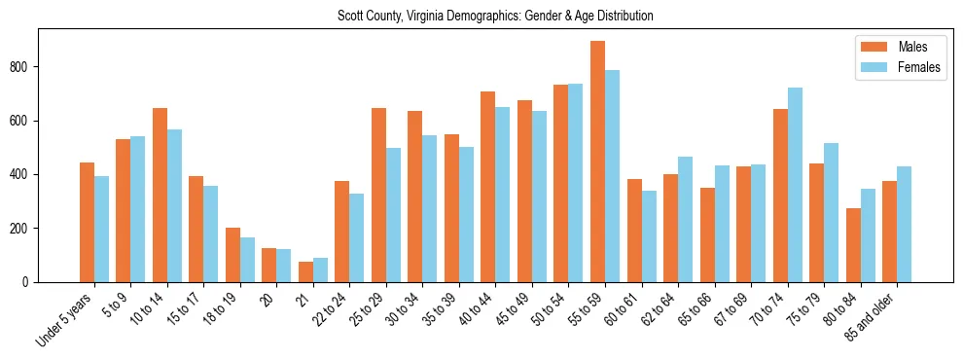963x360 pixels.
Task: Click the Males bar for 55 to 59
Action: [x=597, y=162]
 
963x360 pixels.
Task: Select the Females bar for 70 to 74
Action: [x=795, y=185]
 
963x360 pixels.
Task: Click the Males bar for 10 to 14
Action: [x=160, y=195]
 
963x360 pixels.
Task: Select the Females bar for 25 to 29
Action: [x=393, y=215]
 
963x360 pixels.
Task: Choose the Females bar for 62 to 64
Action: [x=685, y=219]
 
